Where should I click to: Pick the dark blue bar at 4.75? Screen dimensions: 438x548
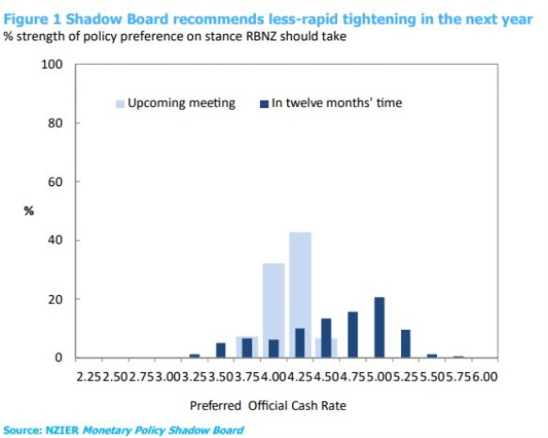point(353,335)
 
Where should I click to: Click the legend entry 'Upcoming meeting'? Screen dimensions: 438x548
point(181,103)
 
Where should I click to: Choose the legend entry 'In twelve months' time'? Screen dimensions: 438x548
point(336,103)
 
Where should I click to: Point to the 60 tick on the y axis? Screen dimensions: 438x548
point(54,182)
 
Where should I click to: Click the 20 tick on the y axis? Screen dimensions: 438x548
point(54,299)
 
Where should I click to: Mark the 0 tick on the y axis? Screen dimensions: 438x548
point(58,358)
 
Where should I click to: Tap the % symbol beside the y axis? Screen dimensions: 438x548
point(29,211)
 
